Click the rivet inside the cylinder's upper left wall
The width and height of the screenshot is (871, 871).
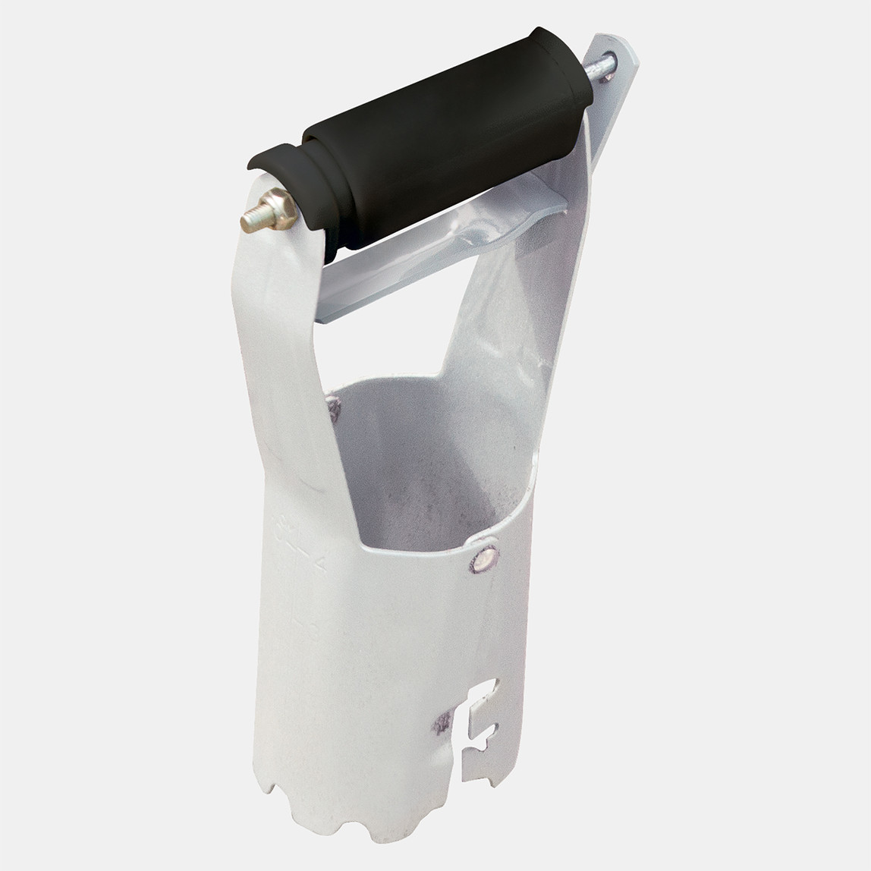(x=335, y=410)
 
